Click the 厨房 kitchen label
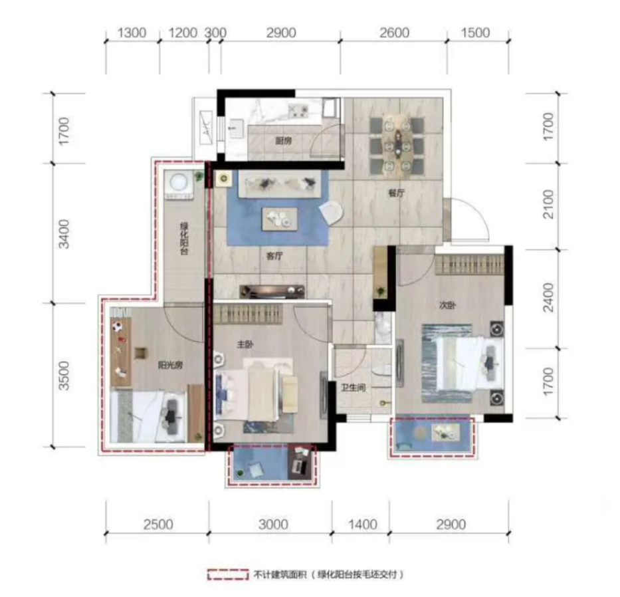click(284, 140)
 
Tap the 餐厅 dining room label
click(396, 193)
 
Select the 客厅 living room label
click(274, 256)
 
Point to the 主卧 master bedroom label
click(245, 344)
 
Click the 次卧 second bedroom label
click(448, 305)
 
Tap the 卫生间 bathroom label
click(353, 388)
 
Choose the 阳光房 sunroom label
click(170, 365)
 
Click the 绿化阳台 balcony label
click(184, 239)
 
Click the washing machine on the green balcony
click(179, 185)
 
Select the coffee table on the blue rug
click(280, 219)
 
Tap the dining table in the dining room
click(397, 144)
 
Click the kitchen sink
click(236, 128)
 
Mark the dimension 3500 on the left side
click(64, 376)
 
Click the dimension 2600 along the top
click(394, 33)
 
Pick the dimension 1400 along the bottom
click(362, 525)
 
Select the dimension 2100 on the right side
click(548, 204)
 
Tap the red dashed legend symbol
click(227, 574)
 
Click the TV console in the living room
click(272, 292)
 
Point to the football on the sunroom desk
click(116, 327)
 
